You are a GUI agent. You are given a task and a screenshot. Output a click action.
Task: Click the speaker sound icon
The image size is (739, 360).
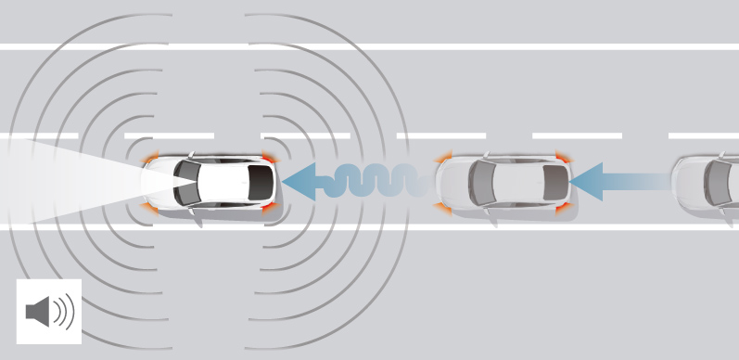click(x=49, y=312)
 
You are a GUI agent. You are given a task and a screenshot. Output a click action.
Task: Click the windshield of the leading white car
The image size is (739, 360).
click(x=188, y=183)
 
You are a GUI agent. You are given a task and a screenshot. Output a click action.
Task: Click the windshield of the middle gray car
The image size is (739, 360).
click(x=481, y=183)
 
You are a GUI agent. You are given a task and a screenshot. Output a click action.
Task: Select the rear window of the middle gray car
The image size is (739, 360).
click(x=554, y=183)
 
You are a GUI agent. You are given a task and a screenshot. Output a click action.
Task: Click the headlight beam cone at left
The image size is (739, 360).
click(x=56, y=182)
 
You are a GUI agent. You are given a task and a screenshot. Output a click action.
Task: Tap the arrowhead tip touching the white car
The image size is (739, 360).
click(x=287, y=182)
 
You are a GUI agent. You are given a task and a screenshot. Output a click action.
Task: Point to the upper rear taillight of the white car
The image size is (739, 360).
click(x=268, y=157)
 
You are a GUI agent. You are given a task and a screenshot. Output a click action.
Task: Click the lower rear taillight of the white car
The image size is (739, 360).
click(x=268, y=208)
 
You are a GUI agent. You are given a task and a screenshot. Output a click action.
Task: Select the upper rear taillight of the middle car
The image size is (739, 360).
click(x=562, y=157)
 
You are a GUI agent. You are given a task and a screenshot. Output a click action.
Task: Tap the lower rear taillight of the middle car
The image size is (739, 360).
click(x=562, y=209)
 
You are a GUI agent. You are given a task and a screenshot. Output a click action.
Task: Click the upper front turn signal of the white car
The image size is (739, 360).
click(x=151, y=160)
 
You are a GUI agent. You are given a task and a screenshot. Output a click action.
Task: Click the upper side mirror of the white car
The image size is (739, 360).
click(x=192, y=153)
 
